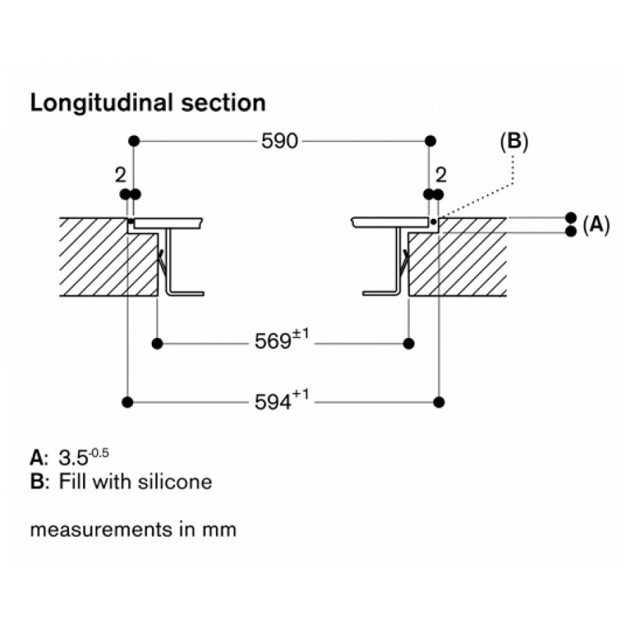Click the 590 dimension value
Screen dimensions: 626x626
click(278, 142)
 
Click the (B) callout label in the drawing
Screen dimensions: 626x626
click(513, 142)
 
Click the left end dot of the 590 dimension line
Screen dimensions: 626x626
click(134, 141)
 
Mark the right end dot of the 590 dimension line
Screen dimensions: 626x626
click(429, 141)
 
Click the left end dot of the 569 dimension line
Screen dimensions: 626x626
click(157, 343)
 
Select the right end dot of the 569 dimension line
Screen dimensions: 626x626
click(408, 343)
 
